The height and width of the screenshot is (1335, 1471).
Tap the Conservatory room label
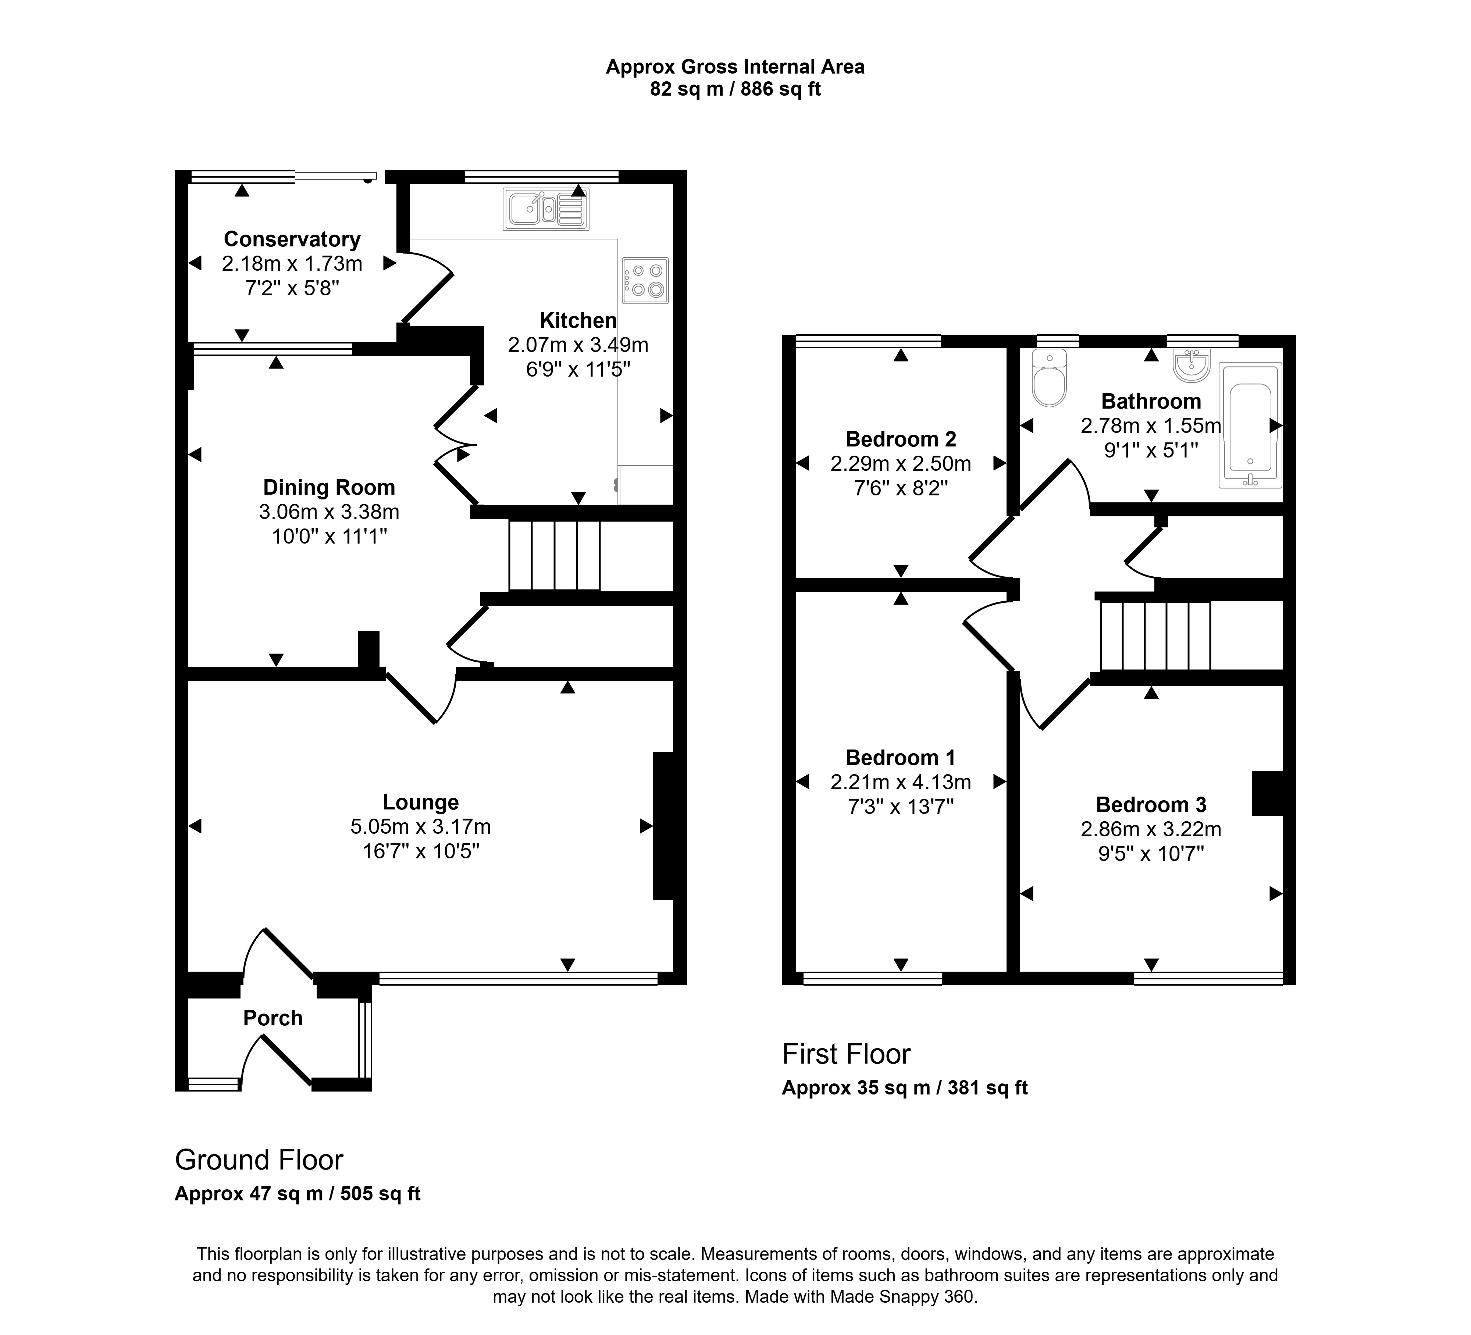click(x=292, y=239)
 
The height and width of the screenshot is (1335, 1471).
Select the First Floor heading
click(x=847, y=1054)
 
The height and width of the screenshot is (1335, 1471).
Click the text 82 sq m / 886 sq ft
click(x=735, y=89)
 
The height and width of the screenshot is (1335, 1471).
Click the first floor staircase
click(x=1156, y=636)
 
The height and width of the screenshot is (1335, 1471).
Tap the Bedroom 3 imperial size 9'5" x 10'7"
click(x=1151, y=854)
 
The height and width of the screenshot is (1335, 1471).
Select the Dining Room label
click(x=329, y=487)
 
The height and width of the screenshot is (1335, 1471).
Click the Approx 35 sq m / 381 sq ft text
click(x=905, y=1088)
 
